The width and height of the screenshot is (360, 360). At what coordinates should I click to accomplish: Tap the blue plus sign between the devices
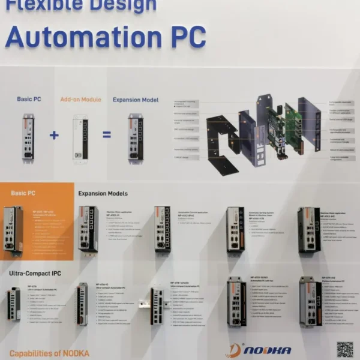point(54,135)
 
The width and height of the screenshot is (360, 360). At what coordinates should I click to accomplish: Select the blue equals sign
point(107,135)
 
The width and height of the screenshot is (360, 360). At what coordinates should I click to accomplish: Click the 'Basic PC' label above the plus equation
point(29,99)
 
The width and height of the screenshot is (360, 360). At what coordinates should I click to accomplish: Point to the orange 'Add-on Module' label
point(80,99)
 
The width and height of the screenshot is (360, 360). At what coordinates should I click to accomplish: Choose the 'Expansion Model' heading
point(136,100)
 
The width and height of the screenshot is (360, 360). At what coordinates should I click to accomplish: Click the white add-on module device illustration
point(80,136)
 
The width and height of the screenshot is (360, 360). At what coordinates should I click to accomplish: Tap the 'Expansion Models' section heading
point(103,194)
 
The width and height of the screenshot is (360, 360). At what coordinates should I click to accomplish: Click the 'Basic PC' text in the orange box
point(23,193)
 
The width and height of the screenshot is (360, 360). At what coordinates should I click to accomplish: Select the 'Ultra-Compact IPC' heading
point(35,274)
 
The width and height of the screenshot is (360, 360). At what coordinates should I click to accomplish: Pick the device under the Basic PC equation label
point(28,137)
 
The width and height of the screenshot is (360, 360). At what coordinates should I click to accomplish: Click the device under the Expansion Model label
point(135,137)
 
